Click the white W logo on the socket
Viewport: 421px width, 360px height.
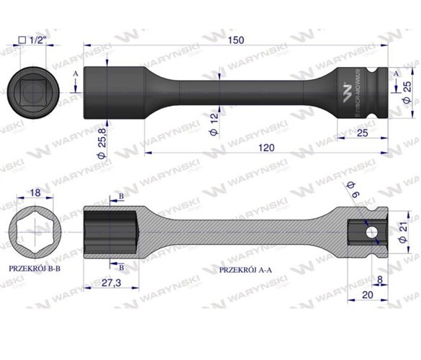pyautogui.click(x=347, y=89)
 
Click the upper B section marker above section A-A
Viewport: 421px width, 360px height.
pyautogui.click(x=121, y=197)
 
